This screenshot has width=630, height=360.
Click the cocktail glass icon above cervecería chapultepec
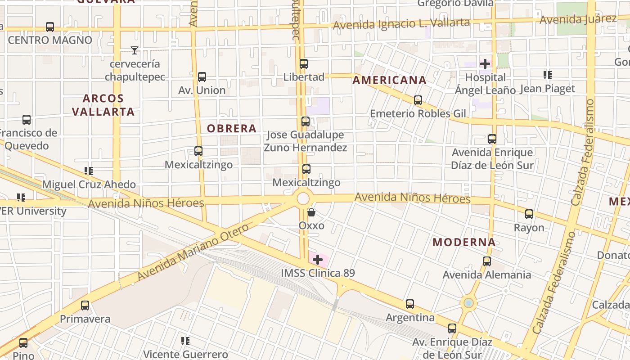[x=134, y=50]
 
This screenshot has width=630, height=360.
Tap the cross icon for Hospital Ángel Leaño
[x=485, y=63]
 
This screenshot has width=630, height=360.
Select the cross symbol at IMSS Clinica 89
[x=318, y=259]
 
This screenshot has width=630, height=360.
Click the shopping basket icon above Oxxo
[x=311, y=212]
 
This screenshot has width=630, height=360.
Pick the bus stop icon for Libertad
[x=304, y=63]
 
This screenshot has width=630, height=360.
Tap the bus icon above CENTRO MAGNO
[x=50, y=27]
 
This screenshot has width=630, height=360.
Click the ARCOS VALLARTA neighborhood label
[x=103, y=105]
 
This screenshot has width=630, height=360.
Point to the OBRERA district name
[x=232, y=129]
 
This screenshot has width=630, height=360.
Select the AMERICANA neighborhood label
[x=389, y=81]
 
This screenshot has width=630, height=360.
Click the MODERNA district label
[x=464, y=242]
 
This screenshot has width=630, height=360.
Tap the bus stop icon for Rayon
[x=529, y=214]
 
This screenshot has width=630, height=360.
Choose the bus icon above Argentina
[x=409, y=304]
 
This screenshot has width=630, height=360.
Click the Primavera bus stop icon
[x=85, y=306]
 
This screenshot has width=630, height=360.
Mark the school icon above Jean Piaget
[x=547, y=75]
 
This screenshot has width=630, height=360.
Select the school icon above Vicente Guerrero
[x=185, y=341]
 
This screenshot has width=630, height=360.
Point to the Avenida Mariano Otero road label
[x=193, y=252]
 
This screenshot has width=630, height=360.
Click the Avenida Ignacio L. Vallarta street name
[x=401, y=24]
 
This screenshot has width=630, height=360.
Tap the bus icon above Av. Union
[x=202, y=77]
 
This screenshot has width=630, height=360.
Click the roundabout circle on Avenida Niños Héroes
[x=303, y=198]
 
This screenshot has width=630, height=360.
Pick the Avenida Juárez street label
[x=578, y=19]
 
